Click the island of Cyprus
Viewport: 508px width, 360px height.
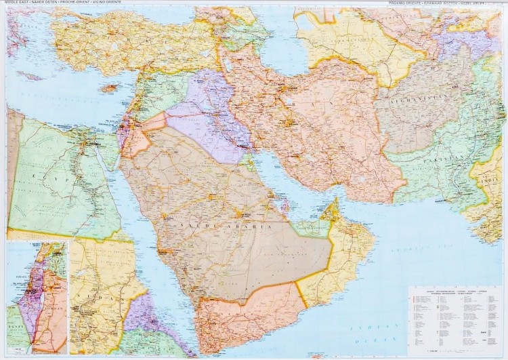coord(110,88)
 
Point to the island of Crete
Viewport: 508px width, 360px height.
coord(30,76)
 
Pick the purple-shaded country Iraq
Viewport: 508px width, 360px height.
coord(203,119)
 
